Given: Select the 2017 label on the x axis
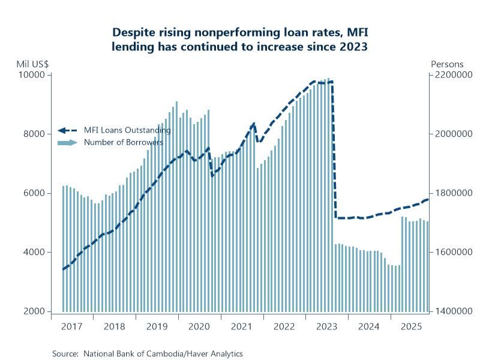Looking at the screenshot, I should (x=72, y=327).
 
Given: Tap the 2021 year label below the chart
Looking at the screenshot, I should (x=241, y=327).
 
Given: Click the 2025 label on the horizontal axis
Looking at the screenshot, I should (x=411, y=327).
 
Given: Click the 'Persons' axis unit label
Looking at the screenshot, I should (x=444, y=64).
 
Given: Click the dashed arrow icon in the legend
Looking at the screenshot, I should (x=68, y=130).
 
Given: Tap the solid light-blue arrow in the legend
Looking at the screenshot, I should (x=68, y=142).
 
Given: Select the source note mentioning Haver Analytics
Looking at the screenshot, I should (x=148, y=354).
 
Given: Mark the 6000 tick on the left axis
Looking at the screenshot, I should (x=37, y=193).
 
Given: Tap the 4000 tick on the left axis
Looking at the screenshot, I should (x=37, y=253).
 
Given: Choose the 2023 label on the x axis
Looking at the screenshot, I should (x=326, y=327).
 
